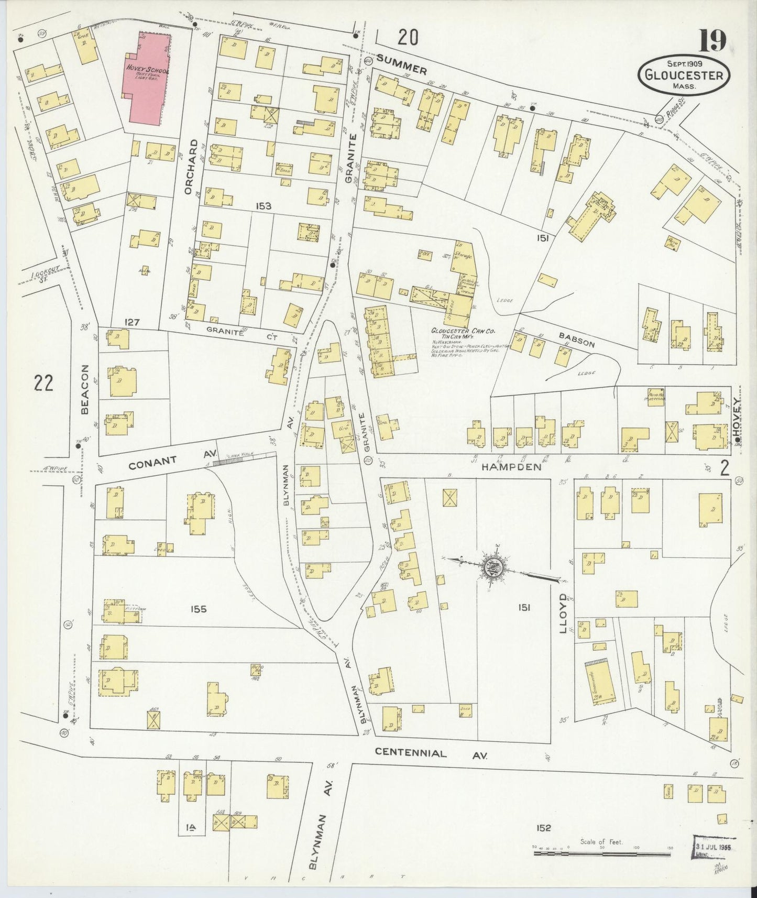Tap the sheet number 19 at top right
[x=711, y=40]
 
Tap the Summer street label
[x=402, y=64]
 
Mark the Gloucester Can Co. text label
[x=463, y=331]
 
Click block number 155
[x=199, y=609]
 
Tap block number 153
[x=264, y=206]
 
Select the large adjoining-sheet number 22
[x=43, y=384]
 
